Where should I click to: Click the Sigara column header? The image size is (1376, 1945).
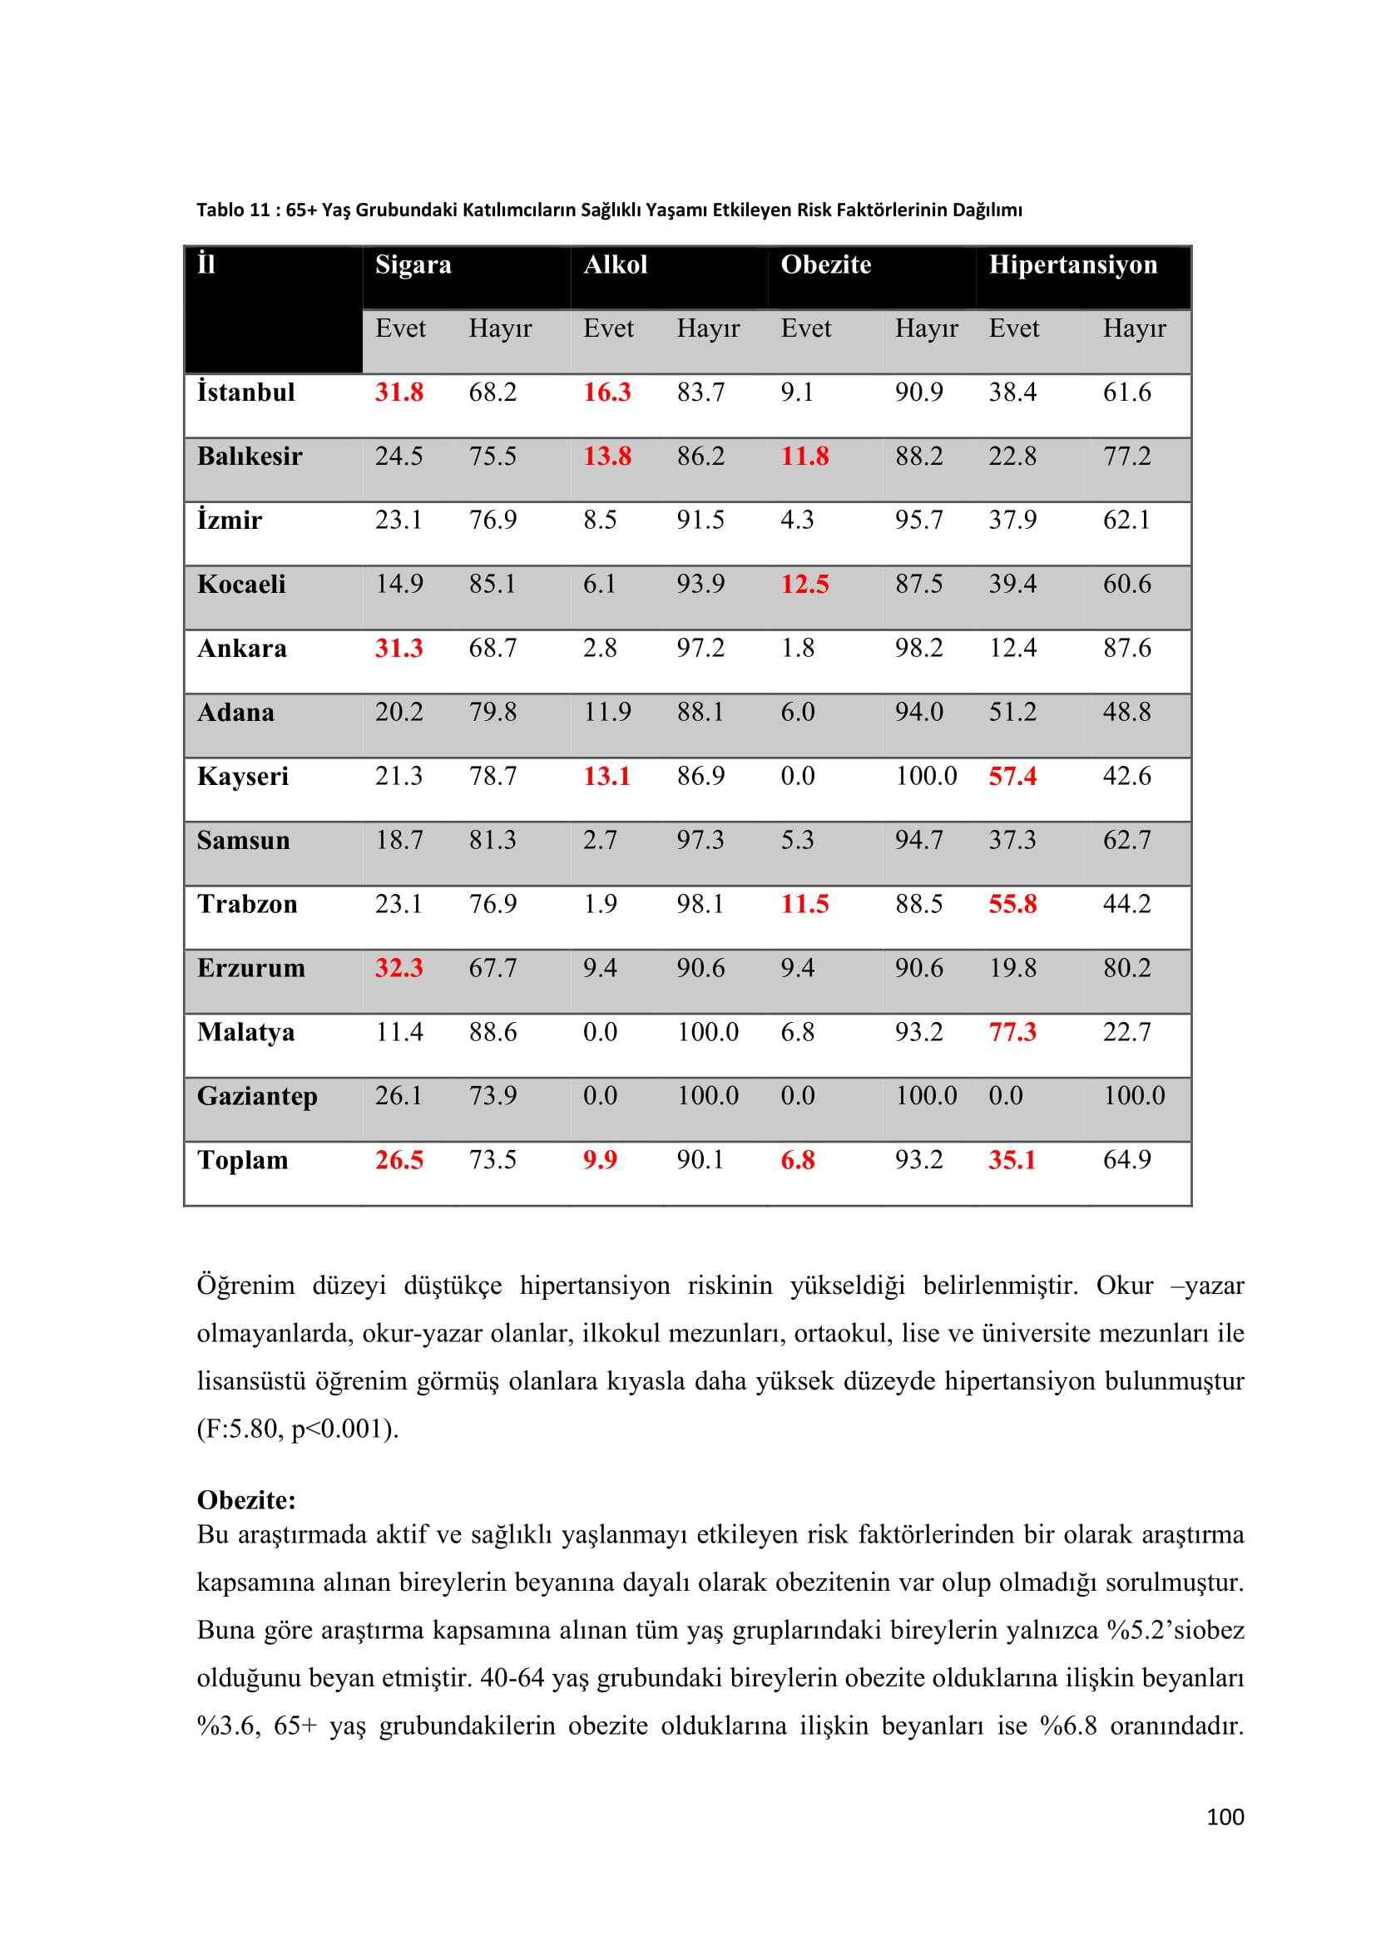point(413,264)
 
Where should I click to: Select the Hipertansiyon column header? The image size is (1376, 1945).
point(1072,264)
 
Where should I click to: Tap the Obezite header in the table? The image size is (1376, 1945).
point(825,264)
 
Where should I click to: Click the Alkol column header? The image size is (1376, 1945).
point(615,264)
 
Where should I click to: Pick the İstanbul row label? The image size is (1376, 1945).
point(245,392)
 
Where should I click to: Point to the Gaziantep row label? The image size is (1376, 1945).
point(257,1096)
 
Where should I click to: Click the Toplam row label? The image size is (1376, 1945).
point(242,1160)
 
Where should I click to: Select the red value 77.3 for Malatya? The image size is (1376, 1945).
point(1012,1032)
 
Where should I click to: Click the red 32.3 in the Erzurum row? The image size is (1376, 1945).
point(398,967)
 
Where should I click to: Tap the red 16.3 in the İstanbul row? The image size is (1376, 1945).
point(606,392)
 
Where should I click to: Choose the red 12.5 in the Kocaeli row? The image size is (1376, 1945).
point(804,584)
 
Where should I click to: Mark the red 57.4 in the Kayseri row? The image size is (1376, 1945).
point(1012,776)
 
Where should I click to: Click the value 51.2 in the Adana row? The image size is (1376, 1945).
point(1012,712)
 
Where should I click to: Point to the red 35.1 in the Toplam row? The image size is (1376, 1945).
point(1012,1160)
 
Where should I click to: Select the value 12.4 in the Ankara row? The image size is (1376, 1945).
point(1012,648)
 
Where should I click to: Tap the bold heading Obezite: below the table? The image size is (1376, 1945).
point(245,1500)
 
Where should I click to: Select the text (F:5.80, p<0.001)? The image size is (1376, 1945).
point(297,1429)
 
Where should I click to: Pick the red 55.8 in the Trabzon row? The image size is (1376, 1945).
point(1012,904)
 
